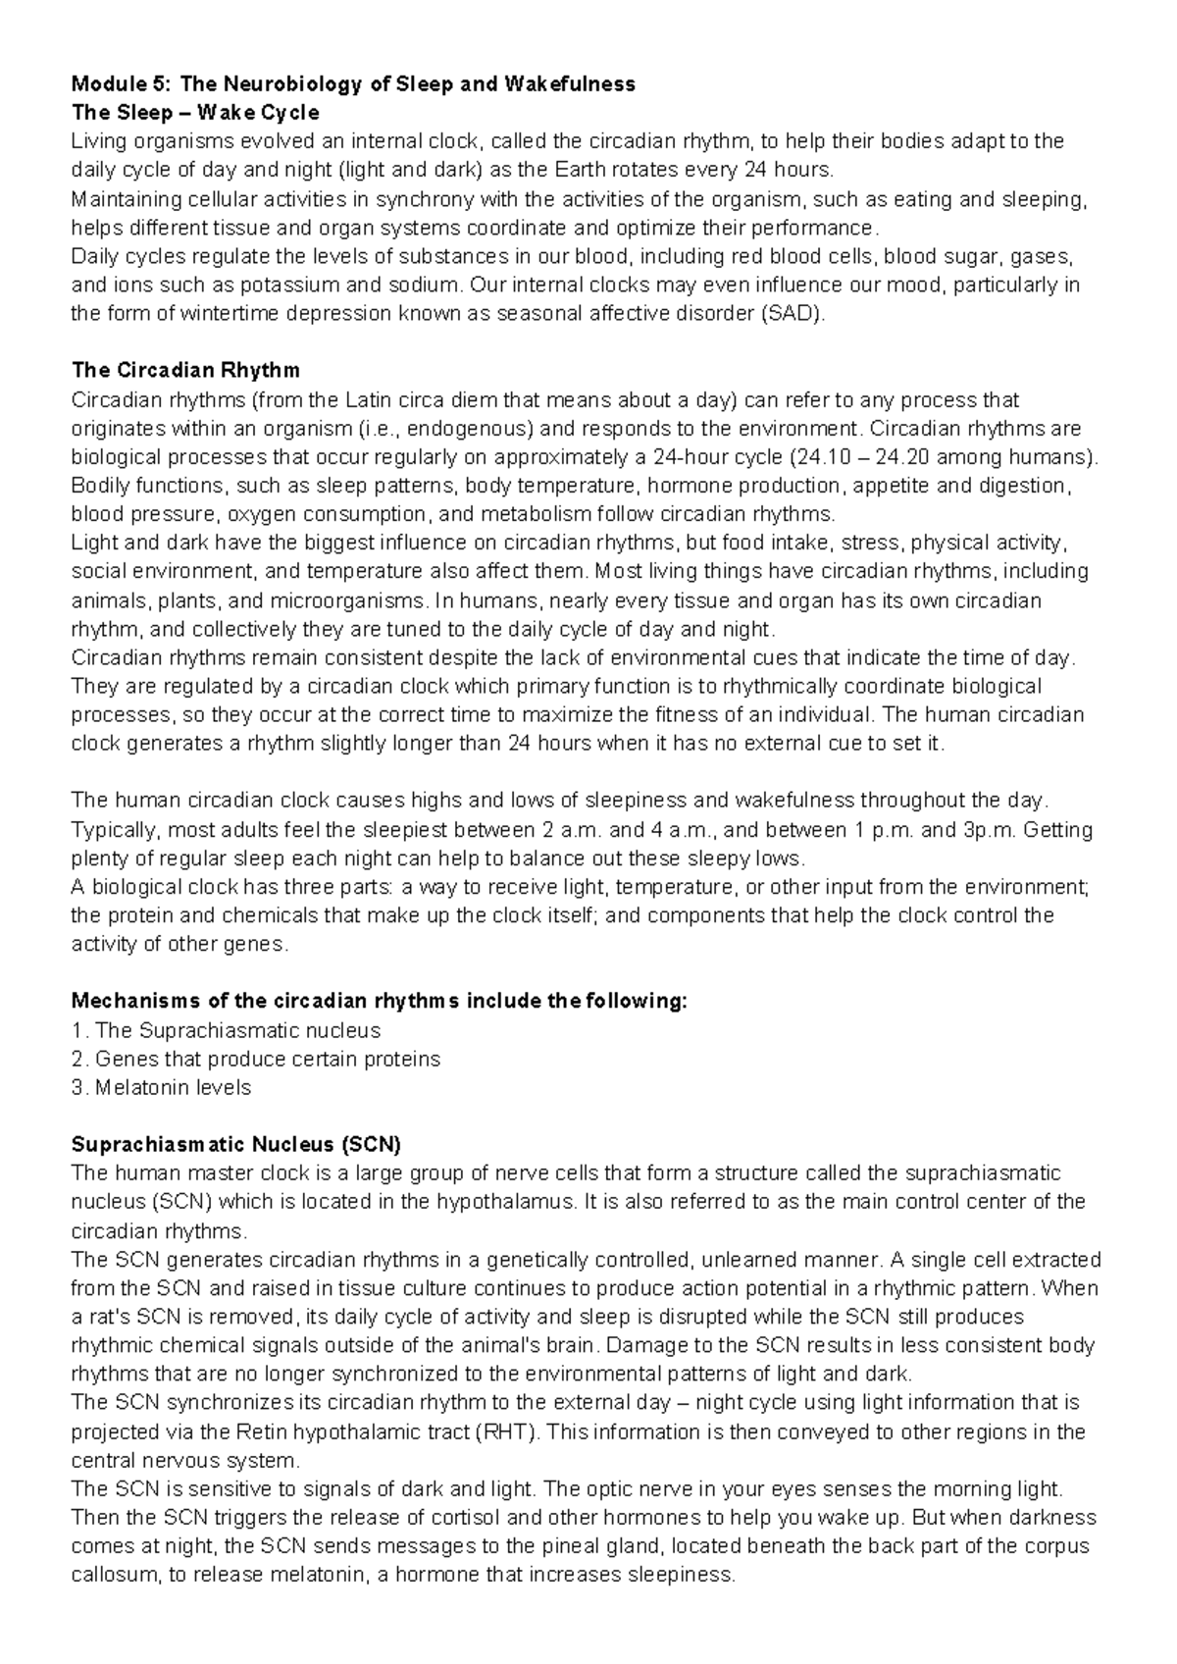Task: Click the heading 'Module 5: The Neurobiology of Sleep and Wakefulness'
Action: tap(353, 84)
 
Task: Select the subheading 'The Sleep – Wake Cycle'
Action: tap(195, 113)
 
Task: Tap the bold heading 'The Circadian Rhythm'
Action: tap(185, 371)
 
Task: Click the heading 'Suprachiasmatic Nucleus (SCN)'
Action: tap(236, 1144)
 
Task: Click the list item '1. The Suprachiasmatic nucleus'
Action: tap(226, 1030)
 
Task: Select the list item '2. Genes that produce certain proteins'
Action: tap(256, 1059)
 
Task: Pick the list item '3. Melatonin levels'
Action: tap(162, 1087)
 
